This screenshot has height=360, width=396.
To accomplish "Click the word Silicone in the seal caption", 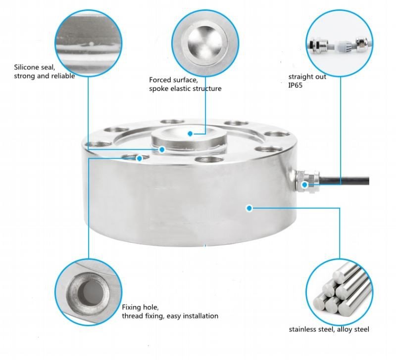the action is pyautogui.click(x=26, y=67).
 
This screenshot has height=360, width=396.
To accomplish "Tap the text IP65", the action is pyautogui.click(x=295, y=85).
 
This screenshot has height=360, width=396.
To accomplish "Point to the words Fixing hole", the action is pyautogui.click(x=140, y=308).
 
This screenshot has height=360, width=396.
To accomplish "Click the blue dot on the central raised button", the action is pyautogui.click(x=190, y=134).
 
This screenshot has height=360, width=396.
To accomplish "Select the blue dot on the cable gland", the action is pyautogui.click(x=304, y=184).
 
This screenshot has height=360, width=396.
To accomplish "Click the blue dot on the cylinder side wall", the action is pyautogui.click(x=249, y=208).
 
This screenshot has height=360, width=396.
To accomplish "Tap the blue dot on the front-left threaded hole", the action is pyautogui.click(x=139, y=158).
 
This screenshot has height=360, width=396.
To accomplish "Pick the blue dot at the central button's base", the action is pyautogui.click(x=162, y=150).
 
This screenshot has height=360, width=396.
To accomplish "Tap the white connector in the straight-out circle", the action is pyautogui.click(x=343, y=47).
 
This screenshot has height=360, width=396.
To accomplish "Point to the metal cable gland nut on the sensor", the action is pyautogui.click(x=307, y=181).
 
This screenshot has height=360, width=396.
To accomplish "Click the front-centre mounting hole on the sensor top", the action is pyautogui.click(x=209, y=160).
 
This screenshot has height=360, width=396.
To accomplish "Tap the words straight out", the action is pyautogui.click(x=307, y=77).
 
